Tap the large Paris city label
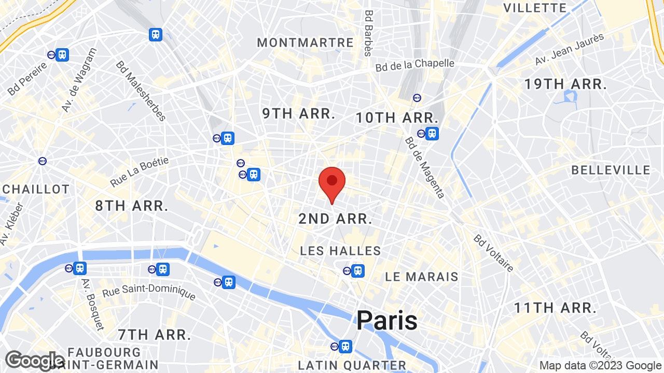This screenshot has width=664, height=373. (386, 320)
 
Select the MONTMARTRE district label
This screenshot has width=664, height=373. (305, 42)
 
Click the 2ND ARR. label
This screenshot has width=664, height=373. (335, 219)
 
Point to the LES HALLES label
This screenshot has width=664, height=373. (340, 251)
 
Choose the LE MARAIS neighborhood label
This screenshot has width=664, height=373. (421, 277)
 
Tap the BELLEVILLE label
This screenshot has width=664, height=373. (611, 170)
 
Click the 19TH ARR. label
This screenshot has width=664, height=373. (565, 84)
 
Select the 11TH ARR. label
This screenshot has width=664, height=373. (555, 308)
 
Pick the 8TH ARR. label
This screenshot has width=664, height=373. (132, 206)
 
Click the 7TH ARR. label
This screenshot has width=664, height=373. (154, 335)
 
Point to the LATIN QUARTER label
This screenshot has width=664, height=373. (352, 365)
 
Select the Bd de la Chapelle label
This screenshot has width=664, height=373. (414, 65)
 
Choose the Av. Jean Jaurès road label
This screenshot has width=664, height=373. (569, 49)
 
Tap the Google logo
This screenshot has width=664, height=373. (34, 361)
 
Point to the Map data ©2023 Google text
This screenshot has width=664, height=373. (600, 366)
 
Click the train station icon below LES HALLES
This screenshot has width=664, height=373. (357, 270)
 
